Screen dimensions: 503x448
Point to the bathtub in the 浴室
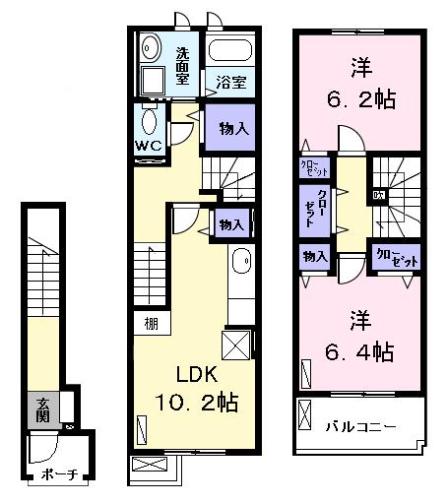coord(231,52)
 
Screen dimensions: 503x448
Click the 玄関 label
coord(44,409)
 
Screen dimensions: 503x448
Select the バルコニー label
coord(360,426)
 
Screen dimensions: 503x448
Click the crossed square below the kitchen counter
coord(237,346)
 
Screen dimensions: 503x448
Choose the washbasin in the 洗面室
coord(151,47)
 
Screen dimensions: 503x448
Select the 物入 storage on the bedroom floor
coord(314,257)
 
